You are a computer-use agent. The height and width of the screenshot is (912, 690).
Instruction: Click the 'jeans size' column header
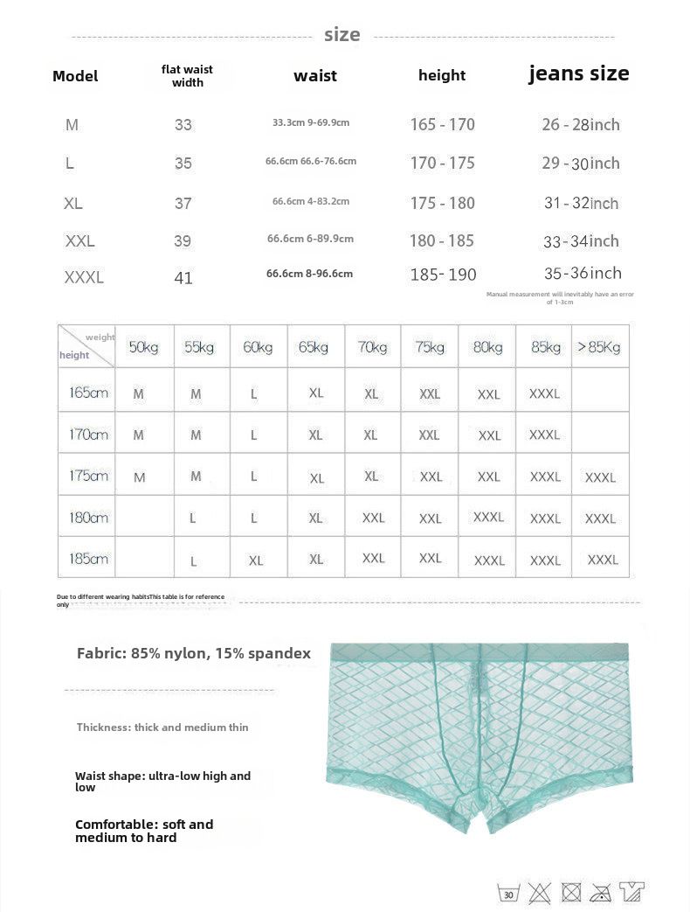tap(578, 73)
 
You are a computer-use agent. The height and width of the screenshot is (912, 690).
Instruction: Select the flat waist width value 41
tap(183, 278)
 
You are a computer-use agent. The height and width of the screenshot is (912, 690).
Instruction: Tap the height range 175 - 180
tap(442, 203)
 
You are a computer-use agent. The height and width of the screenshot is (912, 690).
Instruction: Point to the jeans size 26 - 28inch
tap(580, 124)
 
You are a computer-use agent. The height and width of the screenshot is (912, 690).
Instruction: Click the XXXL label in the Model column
tap(84, 278)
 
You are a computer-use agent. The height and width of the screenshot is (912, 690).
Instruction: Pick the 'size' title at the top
tap(342, 35)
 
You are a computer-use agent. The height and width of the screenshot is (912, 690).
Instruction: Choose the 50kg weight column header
tap(143, 347)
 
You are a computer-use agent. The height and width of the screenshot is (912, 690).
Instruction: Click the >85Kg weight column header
tap(598, 347)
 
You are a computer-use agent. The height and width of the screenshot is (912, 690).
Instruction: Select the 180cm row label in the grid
tap(88, 518)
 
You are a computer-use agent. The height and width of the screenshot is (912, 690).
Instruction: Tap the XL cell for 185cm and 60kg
tap(255, 560)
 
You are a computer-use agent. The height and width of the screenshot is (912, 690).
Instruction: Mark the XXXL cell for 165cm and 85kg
tap(544, 393)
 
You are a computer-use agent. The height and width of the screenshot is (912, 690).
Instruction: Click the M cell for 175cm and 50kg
tap(140, 477)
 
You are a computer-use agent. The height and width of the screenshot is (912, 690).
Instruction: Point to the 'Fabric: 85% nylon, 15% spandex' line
tap(193, 652)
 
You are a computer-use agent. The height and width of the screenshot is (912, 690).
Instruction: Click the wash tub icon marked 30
tap(508, 893)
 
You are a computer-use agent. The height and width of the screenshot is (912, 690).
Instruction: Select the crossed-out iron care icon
tap(600, 893)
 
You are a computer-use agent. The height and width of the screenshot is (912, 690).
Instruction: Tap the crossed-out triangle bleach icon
tap(539, 893)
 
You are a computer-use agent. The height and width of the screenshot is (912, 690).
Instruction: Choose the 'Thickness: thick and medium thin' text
tap(162, 727)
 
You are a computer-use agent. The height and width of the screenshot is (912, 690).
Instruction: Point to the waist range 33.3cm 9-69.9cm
tap(310, 122)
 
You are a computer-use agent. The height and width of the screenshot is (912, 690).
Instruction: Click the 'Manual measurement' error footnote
tap(560, 298)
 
